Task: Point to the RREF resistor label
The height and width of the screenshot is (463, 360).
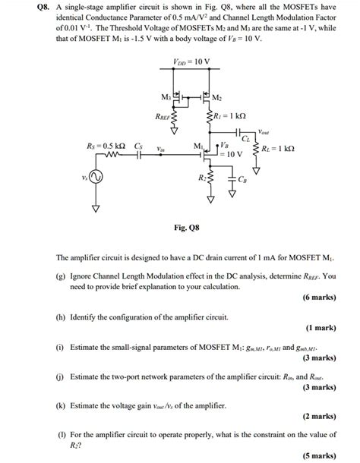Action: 163,118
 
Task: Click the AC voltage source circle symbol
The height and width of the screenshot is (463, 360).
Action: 96,178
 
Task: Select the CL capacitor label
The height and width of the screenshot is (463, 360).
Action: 246,140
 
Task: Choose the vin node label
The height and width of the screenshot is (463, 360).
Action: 162,150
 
